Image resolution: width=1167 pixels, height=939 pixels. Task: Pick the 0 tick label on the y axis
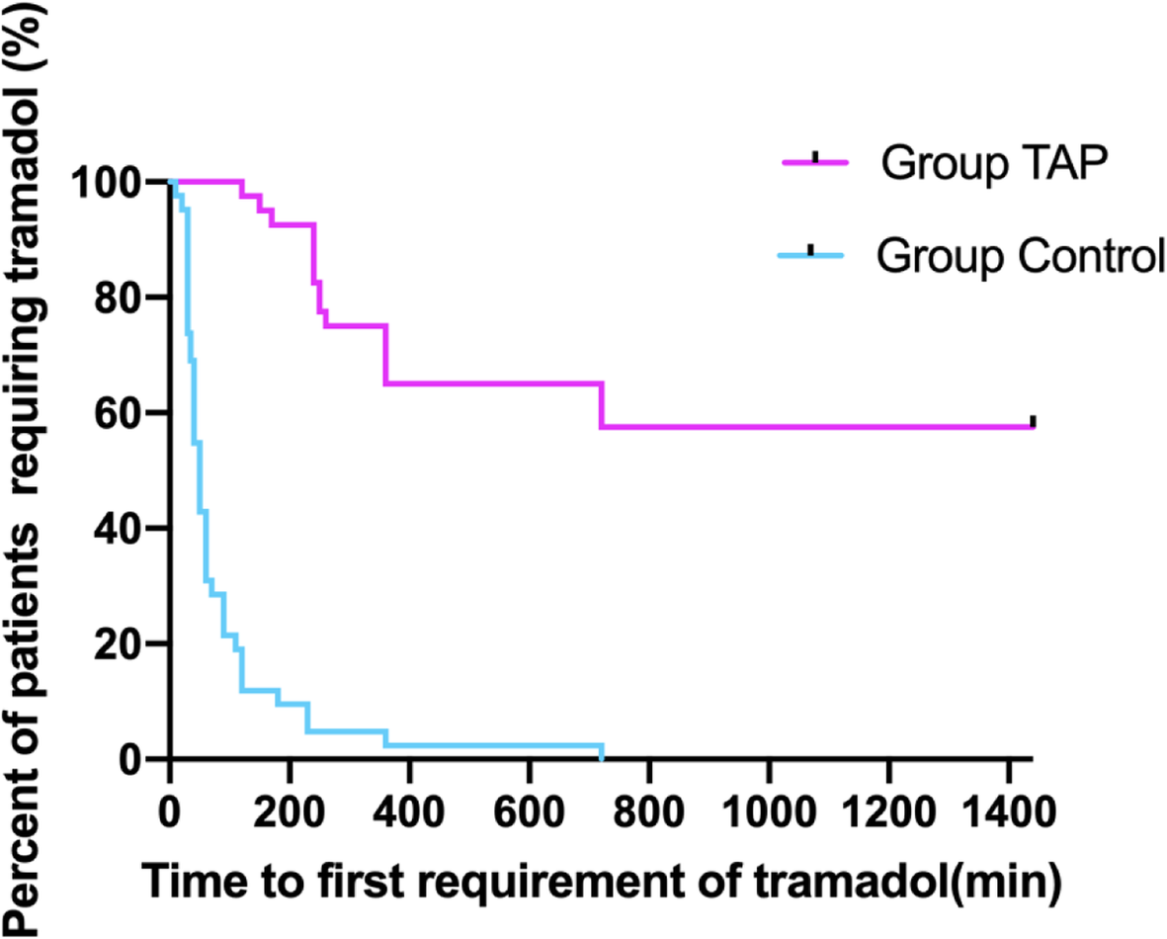145,759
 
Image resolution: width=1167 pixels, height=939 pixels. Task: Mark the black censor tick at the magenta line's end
1033,422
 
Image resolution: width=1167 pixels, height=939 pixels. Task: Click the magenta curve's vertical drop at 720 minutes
601,405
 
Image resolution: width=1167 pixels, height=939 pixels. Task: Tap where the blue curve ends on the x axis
601,757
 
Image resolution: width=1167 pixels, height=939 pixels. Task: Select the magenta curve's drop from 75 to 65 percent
385,354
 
